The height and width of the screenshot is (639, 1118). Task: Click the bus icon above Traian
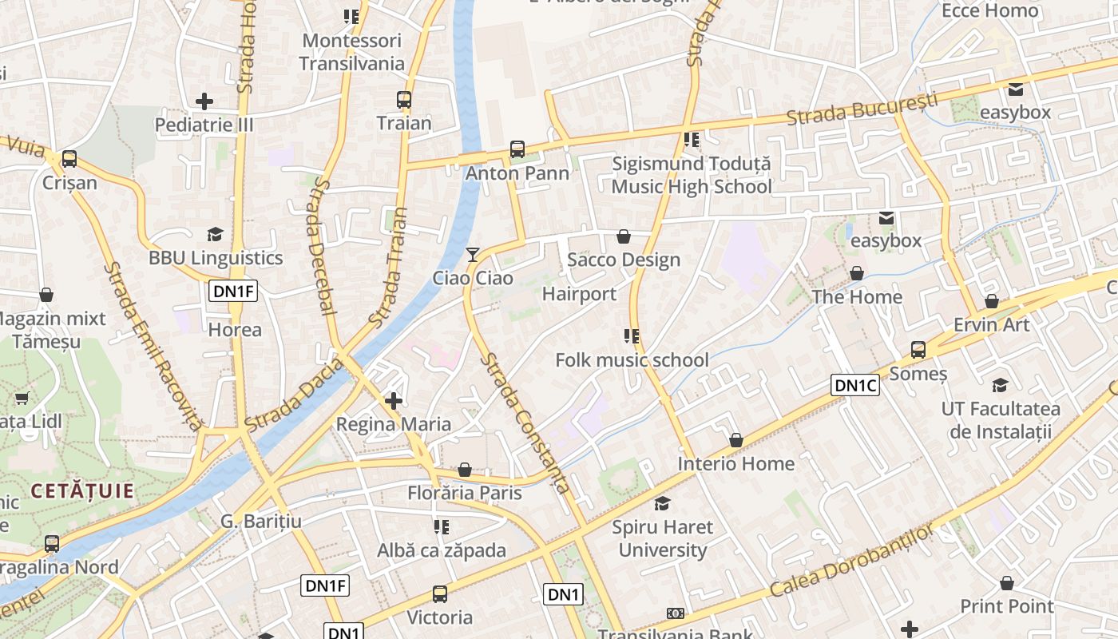click(x=404, y=100)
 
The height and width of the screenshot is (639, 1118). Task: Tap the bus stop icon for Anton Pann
click(x=517, y=149)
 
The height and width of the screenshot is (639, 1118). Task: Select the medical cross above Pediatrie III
click(x=204, y=101)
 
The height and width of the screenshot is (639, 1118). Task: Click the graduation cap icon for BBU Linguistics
click(x=215, y=234)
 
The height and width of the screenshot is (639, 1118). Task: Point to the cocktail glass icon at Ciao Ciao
click(x=473, y=255)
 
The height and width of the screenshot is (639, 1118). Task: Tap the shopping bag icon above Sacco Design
click(x=624, y=236)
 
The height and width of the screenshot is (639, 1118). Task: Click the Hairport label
click(x=579, y=294)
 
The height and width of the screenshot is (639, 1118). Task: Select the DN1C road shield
click(x=855, y=386)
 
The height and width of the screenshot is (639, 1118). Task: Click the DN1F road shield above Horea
click(x=233, y=291)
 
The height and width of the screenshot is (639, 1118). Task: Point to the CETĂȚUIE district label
click(x=82, y=490)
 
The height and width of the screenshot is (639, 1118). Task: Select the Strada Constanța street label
click(x=525, y=423)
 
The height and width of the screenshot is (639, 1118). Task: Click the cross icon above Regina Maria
click(x=394, y=400)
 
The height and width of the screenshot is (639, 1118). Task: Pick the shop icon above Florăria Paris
click(x=465, y=470)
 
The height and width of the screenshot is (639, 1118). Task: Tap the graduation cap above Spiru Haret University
click(x=662, y=503)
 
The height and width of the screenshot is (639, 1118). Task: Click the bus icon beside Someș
click(x=918, y=350)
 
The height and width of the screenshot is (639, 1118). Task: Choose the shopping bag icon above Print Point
click(x=1007, y=583)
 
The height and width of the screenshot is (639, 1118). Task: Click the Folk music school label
click(x=632, y=360)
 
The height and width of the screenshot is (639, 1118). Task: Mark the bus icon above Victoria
click(x=440, y=593)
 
